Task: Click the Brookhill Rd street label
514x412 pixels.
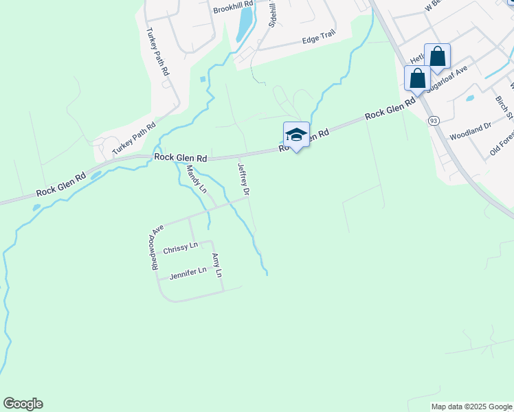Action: [x=233, y=10]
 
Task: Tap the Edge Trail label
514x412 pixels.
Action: [x=317, y=41]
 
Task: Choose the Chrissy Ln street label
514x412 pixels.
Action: [x=180, y=245]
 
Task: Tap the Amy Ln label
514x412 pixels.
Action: [x=217, y=265]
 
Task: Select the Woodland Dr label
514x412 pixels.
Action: [x=471, y=131]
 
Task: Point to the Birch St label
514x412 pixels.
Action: [x=505, y=107]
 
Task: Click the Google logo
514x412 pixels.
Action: [x=23, y=404]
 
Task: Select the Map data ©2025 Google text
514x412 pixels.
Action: [x=471, y=407]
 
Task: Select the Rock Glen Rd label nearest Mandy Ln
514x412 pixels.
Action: [x=181, y=157]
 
